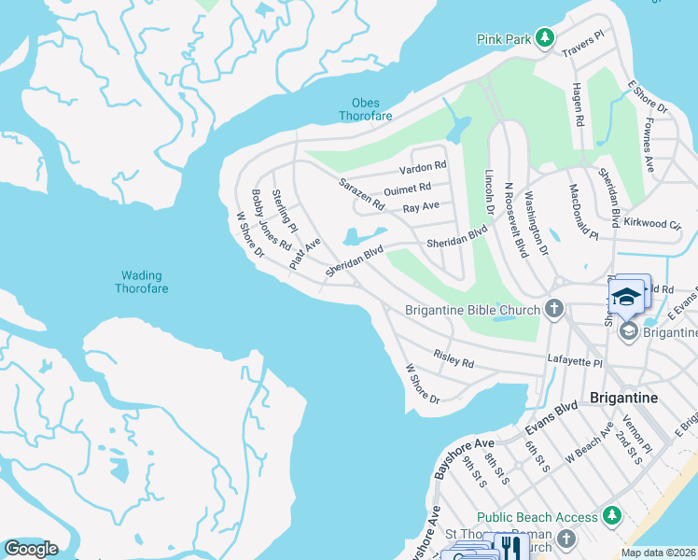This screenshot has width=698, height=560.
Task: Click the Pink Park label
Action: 504,39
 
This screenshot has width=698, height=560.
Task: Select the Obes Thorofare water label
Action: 366,109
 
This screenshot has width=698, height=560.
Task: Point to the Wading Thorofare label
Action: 142,282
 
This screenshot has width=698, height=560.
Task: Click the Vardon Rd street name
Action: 423,168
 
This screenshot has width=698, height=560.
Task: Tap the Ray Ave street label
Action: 421,207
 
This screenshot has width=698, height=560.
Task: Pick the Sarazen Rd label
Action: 361,193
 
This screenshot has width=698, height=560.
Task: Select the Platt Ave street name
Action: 304,253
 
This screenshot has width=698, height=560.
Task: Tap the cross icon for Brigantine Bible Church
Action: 554,309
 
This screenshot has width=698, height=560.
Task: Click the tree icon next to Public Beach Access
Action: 612,516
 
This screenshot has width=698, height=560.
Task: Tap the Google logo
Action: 31,549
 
